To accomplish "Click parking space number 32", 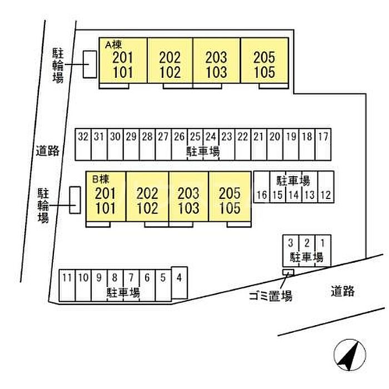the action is click(83, 144).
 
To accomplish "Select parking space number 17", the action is click(323, 144).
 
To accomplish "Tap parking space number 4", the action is click(179, 283).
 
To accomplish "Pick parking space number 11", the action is click(67, 286).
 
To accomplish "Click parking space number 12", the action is click(326, 187).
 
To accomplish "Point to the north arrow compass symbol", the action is click(350, 355).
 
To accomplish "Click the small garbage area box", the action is click(288, 272).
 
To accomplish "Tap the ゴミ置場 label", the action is click(271, 296).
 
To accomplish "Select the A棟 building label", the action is click(113, 45).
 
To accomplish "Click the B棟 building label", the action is click(101, 179).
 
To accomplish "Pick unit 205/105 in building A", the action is click(265, 61).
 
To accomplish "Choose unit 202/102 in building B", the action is click(147, 196).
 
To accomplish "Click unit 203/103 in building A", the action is click(216, 61).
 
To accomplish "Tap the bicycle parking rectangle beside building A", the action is click(90, 64).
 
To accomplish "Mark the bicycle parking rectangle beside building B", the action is click(75, 200).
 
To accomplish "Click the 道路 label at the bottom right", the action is click(343, 291).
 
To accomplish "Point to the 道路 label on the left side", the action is click(48, 151).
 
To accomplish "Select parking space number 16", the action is click(262, 187).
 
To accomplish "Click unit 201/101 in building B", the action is click(106, 196).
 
